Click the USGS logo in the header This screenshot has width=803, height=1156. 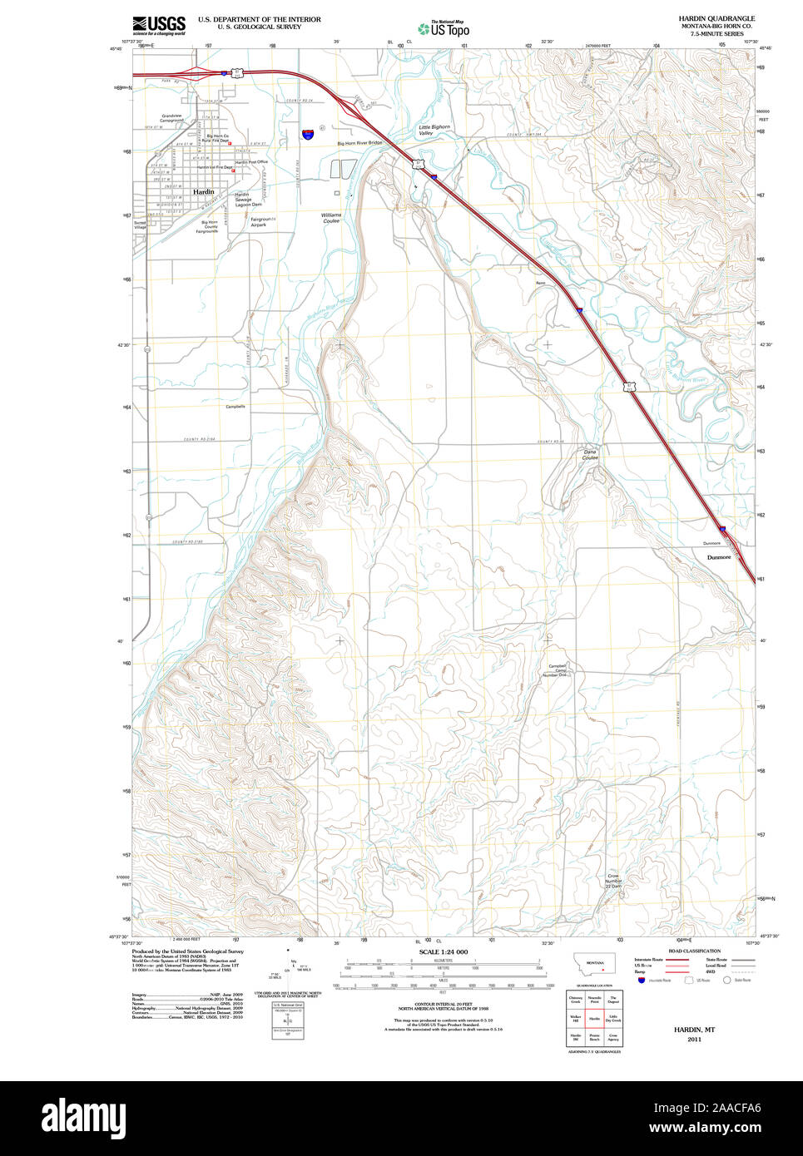click(159, 24)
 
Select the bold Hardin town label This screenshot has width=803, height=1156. click(203, 192)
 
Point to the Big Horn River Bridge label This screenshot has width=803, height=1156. click(359, 143)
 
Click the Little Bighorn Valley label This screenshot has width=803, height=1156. click(434, 131)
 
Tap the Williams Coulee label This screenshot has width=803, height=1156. click(331, 218)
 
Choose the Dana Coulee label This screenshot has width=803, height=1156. click(590, 455)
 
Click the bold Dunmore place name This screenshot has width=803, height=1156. click(719, 557)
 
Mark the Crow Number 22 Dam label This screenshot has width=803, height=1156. click(613, 882)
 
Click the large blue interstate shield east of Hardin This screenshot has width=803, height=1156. click(309, 133)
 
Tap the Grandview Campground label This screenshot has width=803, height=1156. click(172, 118)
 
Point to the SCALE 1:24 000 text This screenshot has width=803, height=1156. click(443, 951)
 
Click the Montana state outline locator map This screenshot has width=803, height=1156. click(594, 964)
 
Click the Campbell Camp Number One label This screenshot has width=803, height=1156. click(557, 670)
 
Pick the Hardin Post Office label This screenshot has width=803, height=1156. click(250, 162)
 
